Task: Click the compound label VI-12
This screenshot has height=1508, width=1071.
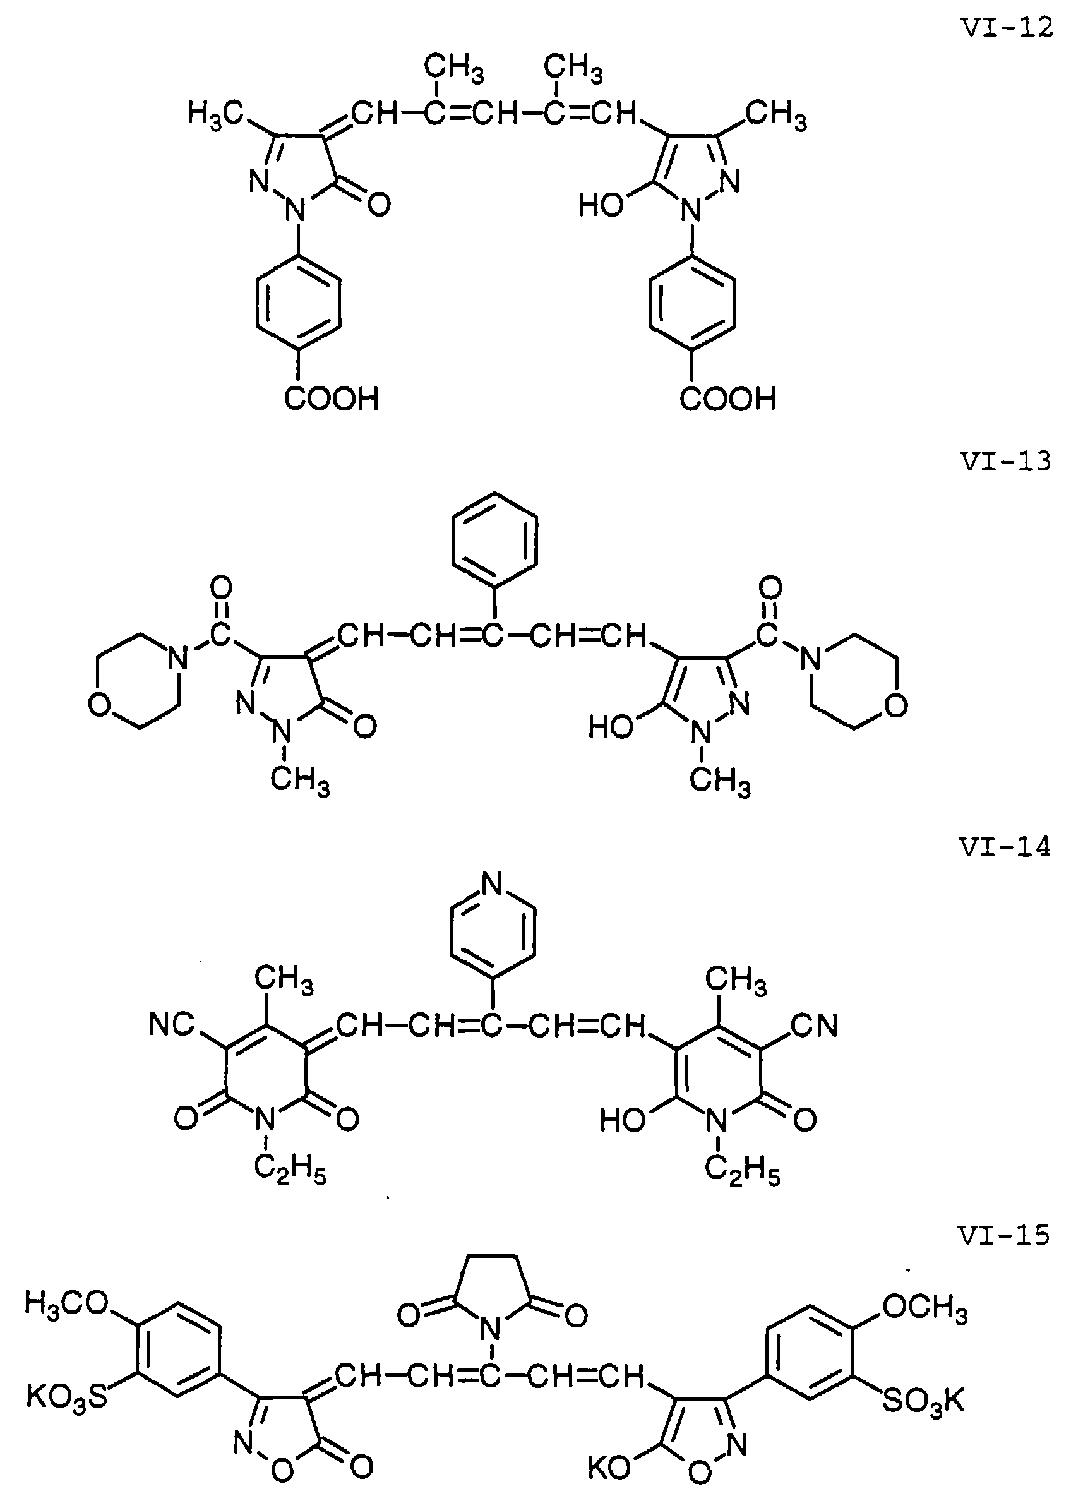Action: click(1006, 27)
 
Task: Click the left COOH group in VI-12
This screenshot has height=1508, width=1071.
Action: click(332, 399)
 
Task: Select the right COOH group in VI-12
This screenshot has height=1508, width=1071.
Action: click(727, 399)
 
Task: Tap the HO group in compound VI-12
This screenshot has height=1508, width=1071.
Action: click(601, 206)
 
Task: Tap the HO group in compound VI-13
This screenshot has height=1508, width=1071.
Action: click(611, 728)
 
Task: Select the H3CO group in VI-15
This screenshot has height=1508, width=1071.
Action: click(68, 1302)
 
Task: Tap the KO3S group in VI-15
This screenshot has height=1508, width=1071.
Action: click(66, 1397)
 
